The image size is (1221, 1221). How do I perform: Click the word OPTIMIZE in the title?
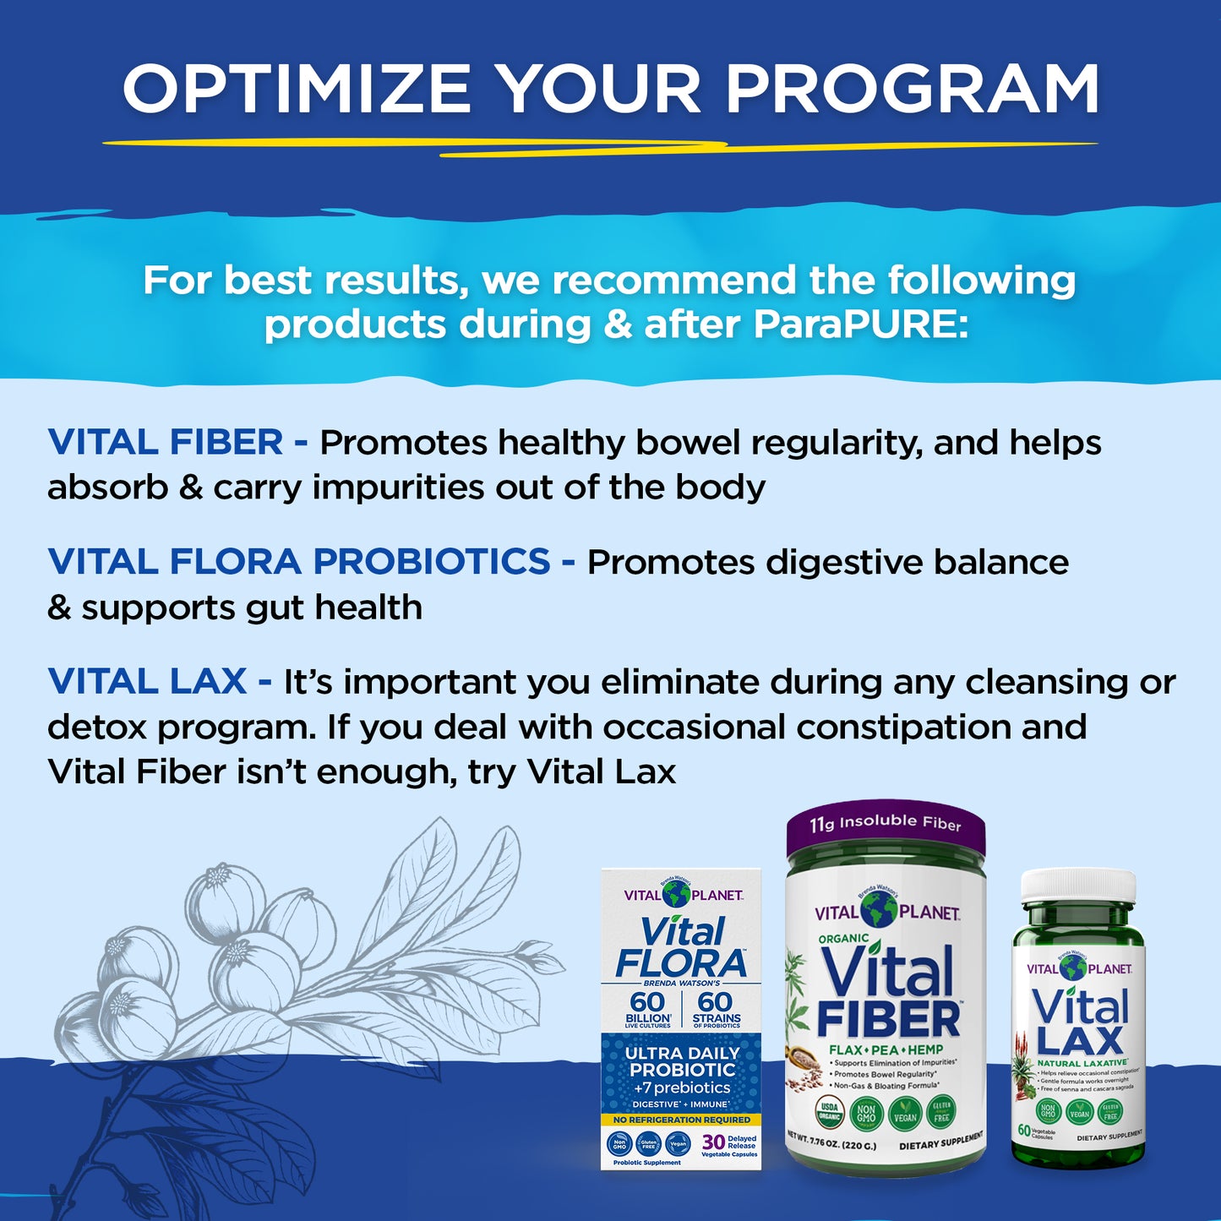click(x=297, y=89)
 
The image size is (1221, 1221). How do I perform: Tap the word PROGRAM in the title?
click(x=913, y=89)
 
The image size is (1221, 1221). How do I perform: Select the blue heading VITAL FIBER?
click(x=166, y=443)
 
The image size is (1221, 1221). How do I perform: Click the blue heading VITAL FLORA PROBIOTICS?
click(x=299, y=562)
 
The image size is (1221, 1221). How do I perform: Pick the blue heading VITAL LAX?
click(x=148, y=682)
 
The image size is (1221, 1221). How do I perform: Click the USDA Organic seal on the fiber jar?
click(x=829, y=1111)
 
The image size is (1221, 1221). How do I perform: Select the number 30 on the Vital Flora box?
click(x=713, y=1142)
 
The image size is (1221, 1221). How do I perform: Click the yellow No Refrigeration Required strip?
click(x=681, y=1120)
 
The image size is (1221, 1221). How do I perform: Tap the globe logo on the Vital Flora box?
click(x=676, y=894)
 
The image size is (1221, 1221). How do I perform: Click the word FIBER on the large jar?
click(x=888, y=1020)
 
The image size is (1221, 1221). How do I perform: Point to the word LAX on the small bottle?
click(x=1080, y=1040)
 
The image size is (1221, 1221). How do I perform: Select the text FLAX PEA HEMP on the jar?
click(x=886, y=1049)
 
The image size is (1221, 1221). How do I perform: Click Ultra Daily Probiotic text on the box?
click(x=682, y=1061)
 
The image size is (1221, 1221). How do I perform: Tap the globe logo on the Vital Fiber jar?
click(x=879, y=909)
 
